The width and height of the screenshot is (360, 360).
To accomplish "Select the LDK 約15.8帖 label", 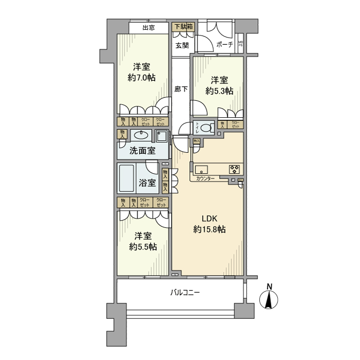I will coord(209,224).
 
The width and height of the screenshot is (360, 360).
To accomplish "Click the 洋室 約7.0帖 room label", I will coord(141,72).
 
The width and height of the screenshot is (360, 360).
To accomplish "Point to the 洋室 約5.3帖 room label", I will coord(220,85).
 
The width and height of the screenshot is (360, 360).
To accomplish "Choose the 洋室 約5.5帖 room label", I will coord(143,241).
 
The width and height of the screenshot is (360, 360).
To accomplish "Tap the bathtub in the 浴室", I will coord(127,178).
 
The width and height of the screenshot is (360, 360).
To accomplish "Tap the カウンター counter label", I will coord(206,178).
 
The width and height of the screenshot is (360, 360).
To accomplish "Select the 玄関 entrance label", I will coord(182,45).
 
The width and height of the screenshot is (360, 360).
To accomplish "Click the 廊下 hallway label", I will coord(181,89).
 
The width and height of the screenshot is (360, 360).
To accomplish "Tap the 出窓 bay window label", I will coord(149,28).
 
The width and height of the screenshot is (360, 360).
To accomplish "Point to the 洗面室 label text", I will coord(142,151).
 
